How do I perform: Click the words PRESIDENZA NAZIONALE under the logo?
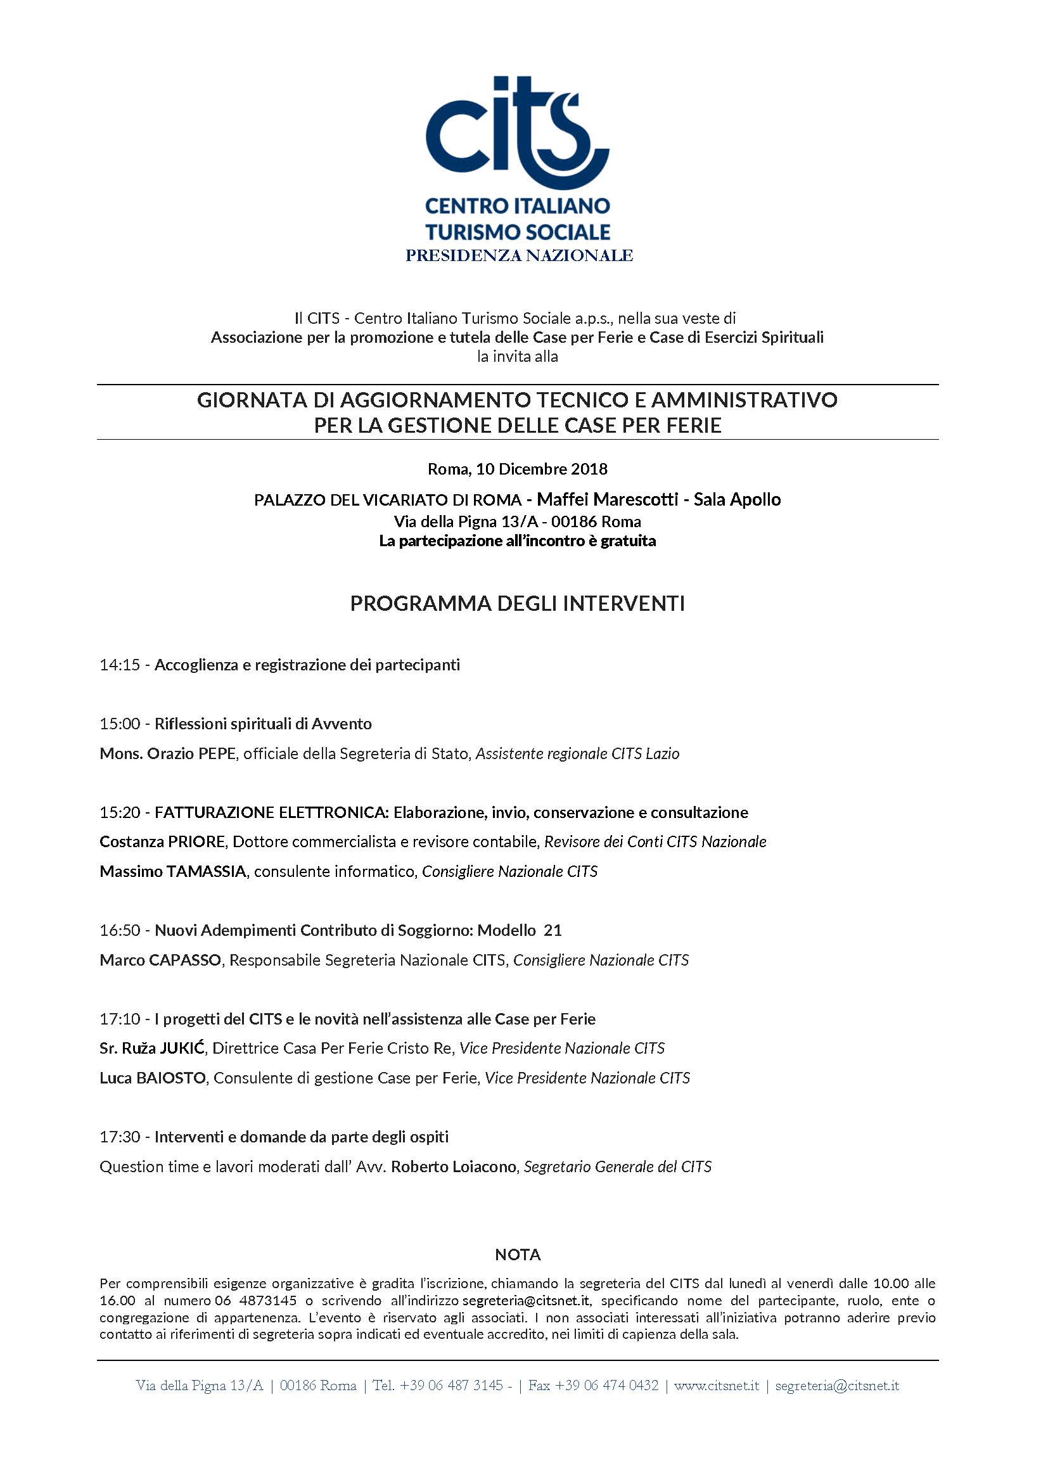(519, 255)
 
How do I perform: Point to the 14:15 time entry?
(119, 665)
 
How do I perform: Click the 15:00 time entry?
(119, 724)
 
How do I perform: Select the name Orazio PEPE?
(191, 753)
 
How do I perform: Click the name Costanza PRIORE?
(162, 841)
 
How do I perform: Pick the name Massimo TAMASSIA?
(172, 871)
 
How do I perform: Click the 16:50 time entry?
(119, 930)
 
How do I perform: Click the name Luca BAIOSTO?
(152, 1078)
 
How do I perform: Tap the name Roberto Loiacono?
(454, 1166)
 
